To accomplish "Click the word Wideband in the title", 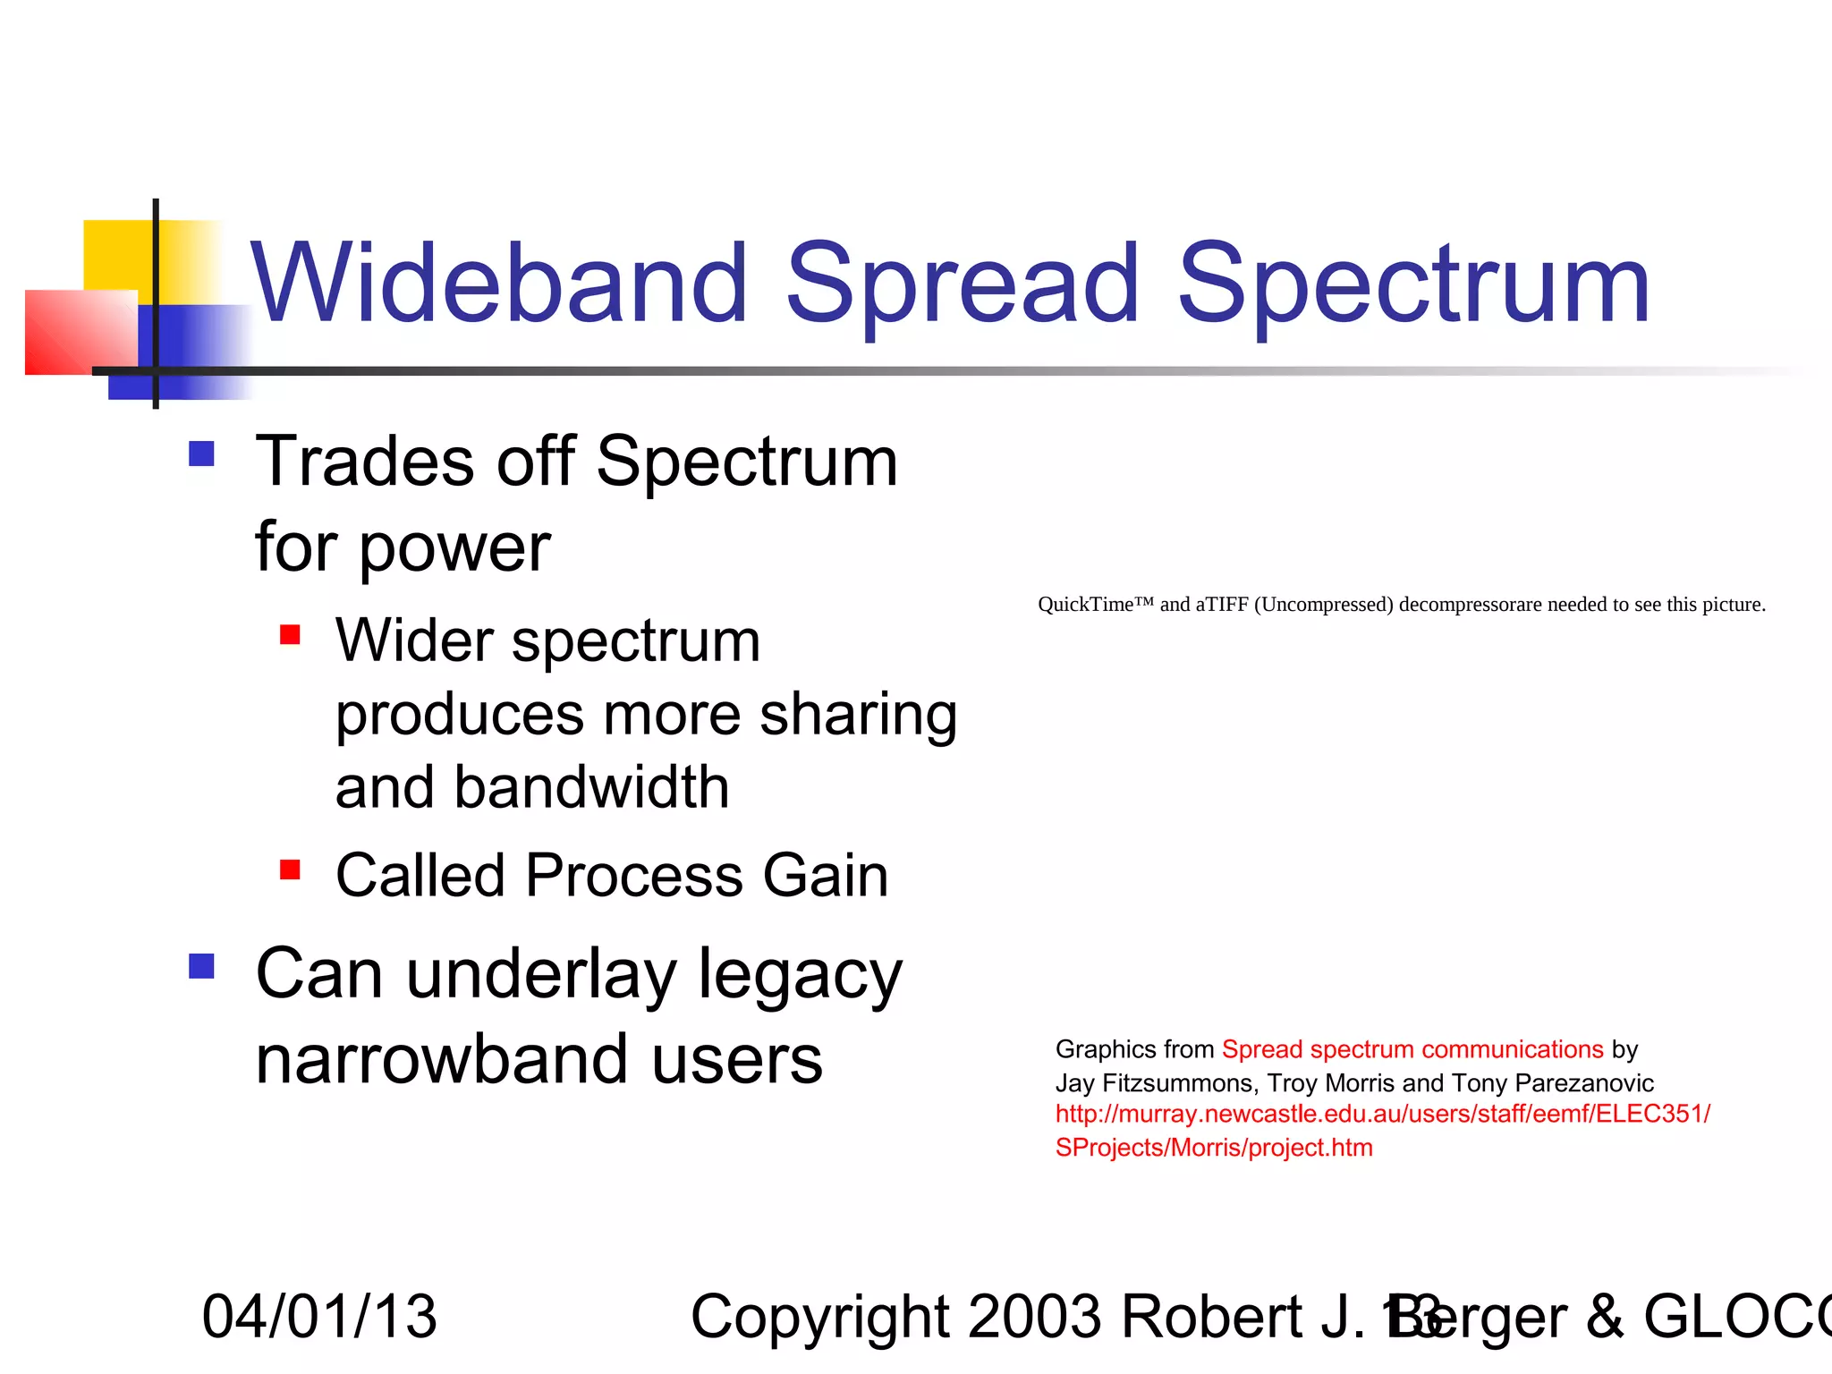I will [498, 284].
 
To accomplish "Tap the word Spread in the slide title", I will [962, 284].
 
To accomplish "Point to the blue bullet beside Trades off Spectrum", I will [202, 454].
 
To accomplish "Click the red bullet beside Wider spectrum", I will [290, 635].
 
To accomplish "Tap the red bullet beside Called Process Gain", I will [290, 869].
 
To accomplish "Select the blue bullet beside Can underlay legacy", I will [202, 966].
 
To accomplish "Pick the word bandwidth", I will [591, 787].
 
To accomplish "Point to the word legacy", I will [800, 975].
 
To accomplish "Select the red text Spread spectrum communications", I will [1412, 1049].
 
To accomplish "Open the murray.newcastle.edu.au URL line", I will [1382, 1115].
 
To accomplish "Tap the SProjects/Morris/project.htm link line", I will [1214, 1148].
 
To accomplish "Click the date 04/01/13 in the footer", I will [319, 1317].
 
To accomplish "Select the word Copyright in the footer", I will [819, 1317].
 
